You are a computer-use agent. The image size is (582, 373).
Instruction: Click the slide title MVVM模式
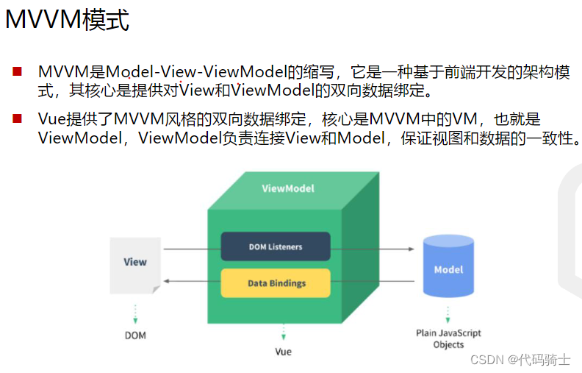point(67,20)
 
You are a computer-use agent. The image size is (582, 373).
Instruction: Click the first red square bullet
point(17,72)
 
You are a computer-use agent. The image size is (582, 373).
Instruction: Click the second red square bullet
point(17,118)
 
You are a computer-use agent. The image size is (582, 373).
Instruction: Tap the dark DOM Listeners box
point(275,246)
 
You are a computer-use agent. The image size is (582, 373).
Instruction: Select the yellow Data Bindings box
point(276,283)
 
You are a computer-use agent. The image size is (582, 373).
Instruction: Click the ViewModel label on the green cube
point(288,188)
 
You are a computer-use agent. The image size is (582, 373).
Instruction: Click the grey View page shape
point(134,264)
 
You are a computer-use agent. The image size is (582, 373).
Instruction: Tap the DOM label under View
point(135,335)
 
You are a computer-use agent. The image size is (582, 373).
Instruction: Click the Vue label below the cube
point(283,352)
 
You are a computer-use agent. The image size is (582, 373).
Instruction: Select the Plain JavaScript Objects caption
point(448,338)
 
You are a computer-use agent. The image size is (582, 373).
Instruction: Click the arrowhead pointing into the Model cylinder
point(412,249)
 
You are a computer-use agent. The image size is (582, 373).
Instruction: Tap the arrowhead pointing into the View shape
point(167,281)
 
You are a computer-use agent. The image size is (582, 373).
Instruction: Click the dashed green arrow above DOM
point(135,313)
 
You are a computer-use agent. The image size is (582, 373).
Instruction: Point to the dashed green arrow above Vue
point(283,333)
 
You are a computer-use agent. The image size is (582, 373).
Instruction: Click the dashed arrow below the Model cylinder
point(448,315)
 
